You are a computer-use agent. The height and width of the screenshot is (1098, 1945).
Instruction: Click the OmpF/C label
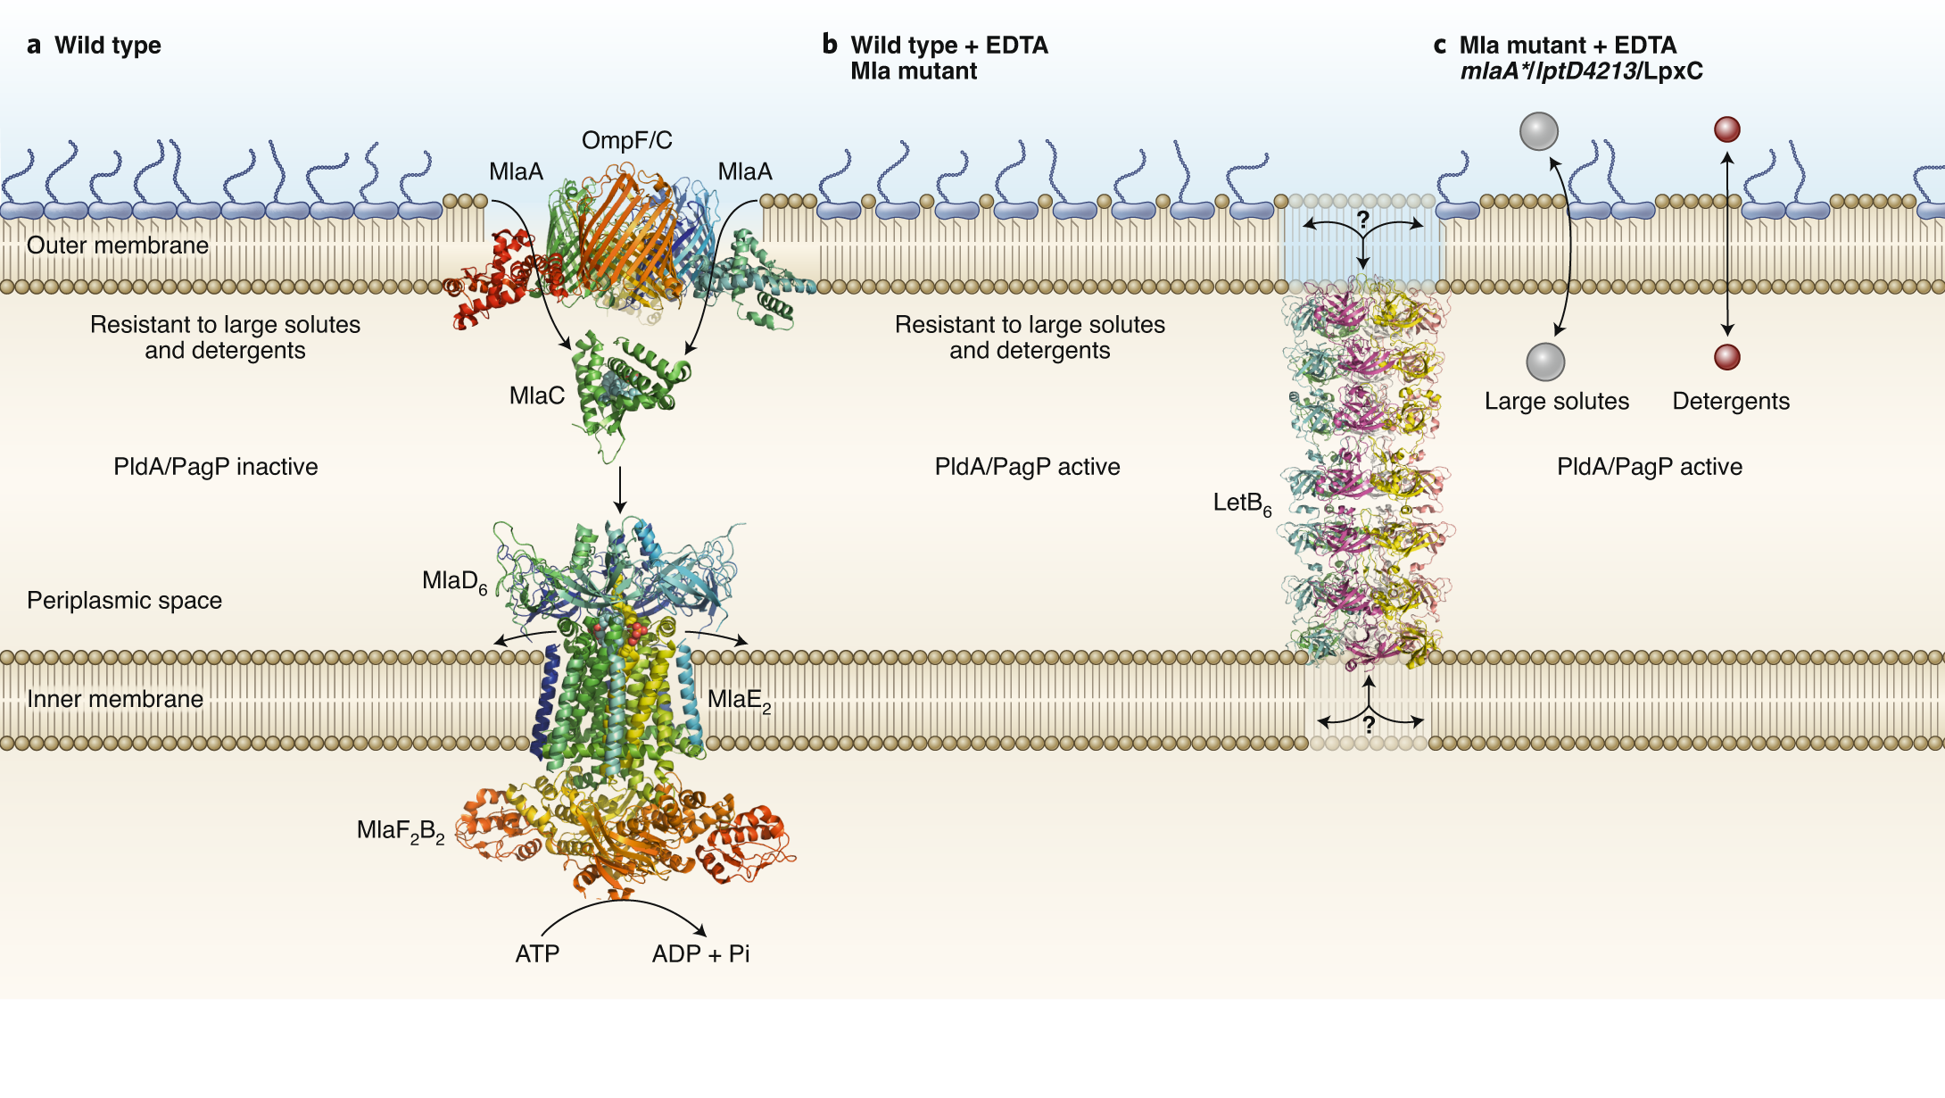pyautogui.click(x=626, y=140)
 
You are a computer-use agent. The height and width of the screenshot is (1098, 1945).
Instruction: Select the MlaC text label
pyautogui.click(x=536, y=395)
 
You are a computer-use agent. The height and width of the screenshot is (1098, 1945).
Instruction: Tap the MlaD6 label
pyautogui.click(x=454, y=582)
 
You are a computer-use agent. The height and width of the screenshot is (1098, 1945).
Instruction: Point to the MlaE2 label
pyautogui.click(x=739, y=700)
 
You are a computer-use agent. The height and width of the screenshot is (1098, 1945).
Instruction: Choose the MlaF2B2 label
pyautogui.click(x=400, y=831)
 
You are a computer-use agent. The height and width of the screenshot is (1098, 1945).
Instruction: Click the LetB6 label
pyautogui.click(x=1241, y=503)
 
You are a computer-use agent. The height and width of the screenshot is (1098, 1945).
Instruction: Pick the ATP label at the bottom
pyautogui.click(x=537, y=954)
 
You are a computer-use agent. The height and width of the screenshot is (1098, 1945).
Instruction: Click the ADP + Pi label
pyautogui.click(x=700, y=954)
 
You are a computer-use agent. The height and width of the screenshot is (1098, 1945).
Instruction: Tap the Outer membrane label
pyautogui.click(x=117, y=245)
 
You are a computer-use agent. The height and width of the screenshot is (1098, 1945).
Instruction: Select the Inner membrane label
pyautogui.click(x=114, y=699)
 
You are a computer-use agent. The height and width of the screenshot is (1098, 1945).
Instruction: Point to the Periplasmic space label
pyautogui.click(x=124, y=600)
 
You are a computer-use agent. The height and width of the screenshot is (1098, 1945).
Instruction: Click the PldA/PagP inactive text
pyautogui.click(x=215, y=467)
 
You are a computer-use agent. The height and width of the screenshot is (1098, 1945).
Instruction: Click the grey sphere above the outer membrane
pyautogui.click(x=1538, y=131)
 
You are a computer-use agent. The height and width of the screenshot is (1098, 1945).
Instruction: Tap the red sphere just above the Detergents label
pyautogui.click(x=1727, y=357)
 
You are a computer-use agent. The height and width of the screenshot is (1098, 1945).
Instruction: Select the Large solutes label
pyautogui.click(x=1556, y=402)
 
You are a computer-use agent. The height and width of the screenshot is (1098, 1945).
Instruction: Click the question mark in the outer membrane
pyautogui.click(x=1362, y=220)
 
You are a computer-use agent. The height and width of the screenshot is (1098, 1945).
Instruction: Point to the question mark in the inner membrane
pyautogui.click(x=1369, y=726)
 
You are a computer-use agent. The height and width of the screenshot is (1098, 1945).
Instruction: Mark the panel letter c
pyautogui.click(x=1439, y=46)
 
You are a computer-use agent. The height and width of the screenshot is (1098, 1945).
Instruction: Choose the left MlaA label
pyautogui.click(x=516, y=171)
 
